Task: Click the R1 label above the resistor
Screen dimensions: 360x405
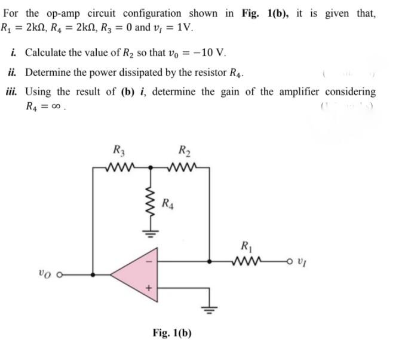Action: click(x=246, y=245)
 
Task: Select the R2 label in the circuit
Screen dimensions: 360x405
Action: click(x=184, y=152)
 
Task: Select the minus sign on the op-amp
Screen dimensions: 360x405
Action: click(x=150, y=261)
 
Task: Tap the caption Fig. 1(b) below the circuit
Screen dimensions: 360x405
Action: click(x=172, y=332)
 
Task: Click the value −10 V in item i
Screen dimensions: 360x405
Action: click(x=209, y=52)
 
